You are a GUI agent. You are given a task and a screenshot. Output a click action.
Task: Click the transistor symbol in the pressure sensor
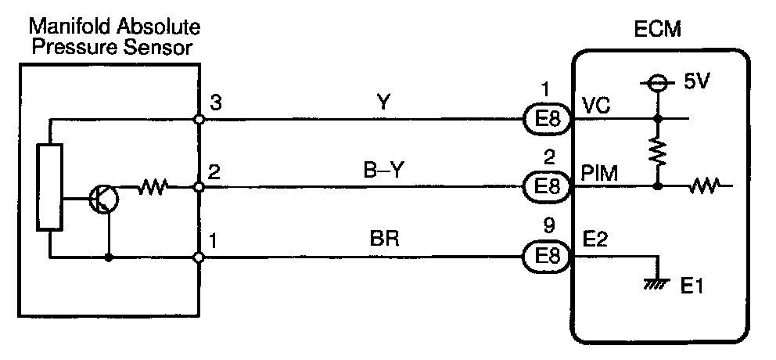pos(103,200)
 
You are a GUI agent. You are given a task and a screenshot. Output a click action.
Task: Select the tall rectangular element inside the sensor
pos(48,188)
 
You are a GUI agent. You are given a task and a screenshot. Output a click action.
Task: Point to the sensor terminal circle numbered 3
pos(199,119)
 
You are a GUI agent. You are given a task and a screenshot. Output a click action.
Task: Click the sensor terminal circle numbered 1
pos(199,257)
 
